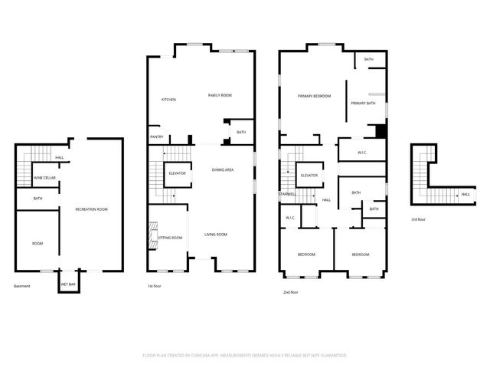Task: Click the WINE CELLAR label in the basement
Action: [44, 178]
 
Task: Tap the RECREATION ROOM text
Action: [91, 209]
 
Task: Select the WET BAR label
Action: [67, 284]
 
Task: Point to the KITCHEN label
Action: [168, 100]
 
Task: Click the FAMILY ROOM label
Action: [220, 95]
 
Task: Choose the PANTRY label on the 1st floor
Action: [156, 138]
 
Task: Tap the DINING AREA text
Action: [222, 169]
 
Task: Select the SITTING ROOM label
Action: [170, 238]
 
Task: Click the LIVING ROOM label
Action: [215, 234]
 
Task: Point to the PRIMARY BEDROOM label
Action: [314, 96]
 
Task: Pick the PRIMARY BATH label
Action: [362, 103]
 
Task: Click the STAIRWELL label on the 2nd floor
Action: [287, 193]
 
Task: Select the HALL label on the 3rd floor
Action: [465, 195]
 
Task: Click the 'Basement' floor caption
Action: [22, 286]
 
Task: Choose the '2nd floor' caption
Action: [291, 292]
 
